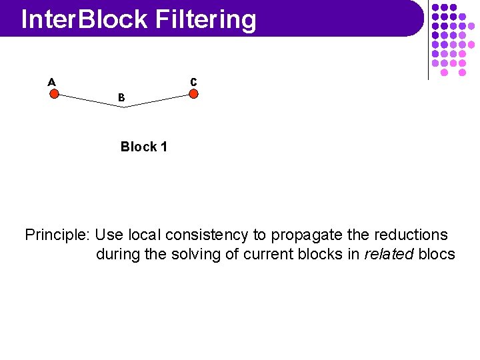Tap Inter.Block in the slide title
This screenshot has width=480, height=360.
[84, 20]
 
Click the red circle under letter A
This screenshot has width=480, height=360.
[54, 94]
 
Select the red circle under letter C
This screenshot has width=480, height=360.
[193, 94]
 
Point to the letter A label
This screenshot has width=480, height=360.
[51, 82]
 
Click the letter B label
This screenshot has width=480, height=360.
[121, 97]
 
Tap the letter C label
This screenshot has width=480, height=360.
[193, 82]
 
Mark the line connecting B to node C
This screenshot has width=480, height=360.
[158, 101]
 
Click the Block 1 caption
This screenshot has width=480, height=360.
[143, 147]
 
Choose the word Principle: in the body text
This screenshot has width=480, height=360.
[57, 235]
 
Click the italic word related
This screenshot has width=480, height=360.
[390, 255]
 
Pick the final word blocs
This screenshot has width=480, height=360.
[437, 255]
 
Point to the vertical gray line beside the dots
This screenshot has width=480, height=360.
[428, 40]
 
